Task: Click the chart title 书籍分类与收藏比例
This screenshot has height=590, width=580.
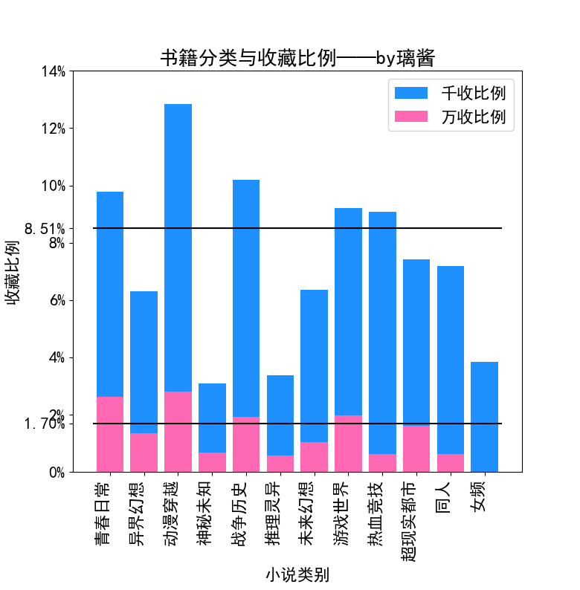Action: click(297, 58)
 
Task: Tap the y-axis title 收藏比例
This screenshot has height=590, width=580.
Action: click(13, 272)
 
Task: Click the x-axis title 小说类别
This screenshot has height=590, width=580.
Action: click(297, 574)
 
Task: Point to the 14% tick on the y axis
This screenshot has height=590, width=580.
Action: click(53, 71)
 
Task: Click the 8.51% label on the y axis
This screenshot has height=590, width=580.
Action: click(45, 228)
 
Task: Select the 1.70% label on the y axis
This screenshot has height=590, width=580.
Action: click(45, 424)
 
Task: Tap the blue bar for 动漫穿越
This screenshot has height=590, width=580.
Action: click(178, 245)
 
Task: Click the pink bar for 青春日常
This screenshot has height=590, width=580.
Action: click(110, 434)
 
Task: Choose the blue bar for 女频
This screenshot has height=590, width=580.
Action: click(484, 416)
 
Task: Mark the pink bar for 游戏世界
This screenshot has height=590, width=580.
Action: click(348, 444)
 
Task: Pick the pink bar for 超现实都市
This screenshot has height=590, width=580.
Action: click(416, 449)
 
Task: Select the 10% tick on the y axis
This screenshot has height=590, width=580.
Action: click(53, 186)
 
